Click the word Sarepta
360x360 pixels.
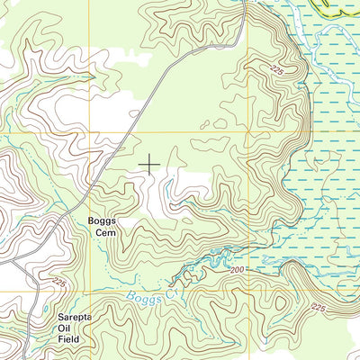68,318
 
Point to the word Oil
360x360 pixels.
68,328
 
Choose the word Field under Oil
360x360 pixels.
68,339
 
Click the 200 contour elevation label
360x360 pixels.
237,269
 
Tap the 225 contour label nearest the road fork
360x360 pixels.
59,282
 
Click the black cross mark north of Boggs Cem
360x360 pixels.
149,164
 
